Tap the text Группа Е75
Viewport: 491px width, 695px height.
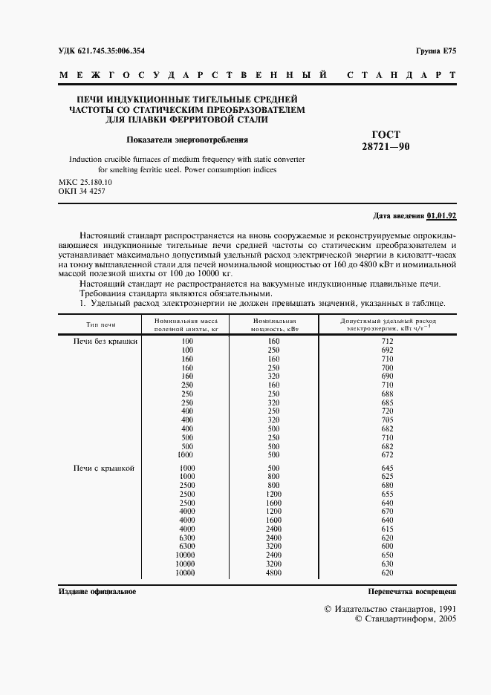point(436,50)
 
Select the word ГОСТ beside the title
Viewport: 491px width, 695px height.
point(386,134)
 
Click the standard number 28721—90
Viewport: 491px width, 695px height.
point(386,147)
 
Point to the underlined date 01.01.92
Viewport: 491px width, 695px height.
point(441,215)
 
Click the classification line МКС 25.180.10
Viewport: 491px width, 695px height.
point(85,183)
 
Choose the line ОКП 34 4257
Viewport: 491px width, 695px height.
point(81,192)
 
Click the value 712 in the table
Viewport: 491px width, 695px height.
point(386,340)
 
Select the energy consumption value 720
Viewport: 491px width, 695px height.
point(386,411)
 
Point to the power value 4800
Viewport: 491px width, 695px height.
point(274,573)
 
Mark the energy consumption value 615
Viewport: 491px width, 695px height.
point(386,529)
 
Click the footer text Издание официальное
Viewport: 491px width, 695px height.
point(97,592)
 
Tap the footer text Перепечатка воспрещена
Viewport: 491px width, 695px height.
point(412,592)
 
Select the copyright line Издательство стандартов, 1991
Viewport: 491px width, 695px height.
point(391,608)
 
